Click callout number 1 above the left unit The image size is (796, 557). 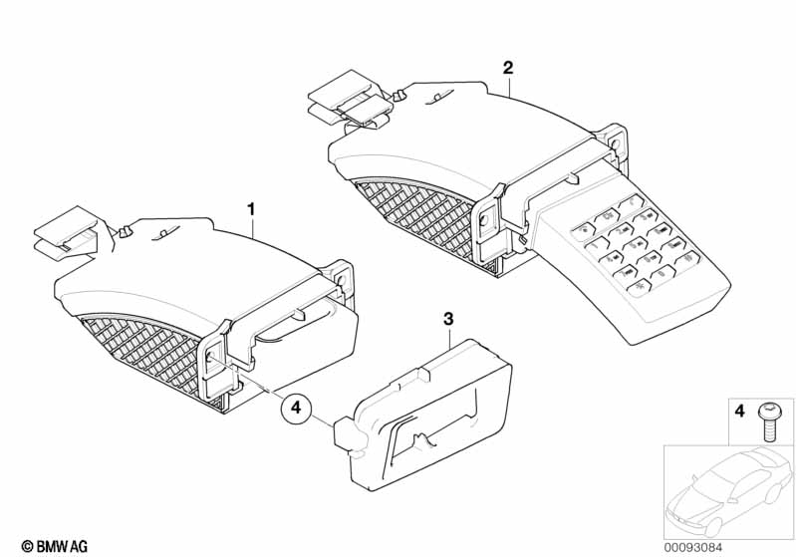(251, 209)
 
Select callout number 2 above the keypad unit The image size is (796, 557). (508, 68)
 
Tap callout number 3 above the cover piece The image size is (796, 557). (448, 320)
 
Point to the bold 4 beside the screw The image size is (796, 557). (739, 411)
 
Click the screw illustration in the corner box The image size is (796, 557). (767, 421)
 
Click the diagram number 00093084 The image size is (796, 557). (693, 547)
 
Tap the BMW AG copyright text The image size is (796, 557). (55, 546)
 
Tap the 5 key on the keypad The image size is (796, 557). (636, 246)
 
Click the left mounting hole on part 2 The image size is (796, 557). (484, 220)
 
